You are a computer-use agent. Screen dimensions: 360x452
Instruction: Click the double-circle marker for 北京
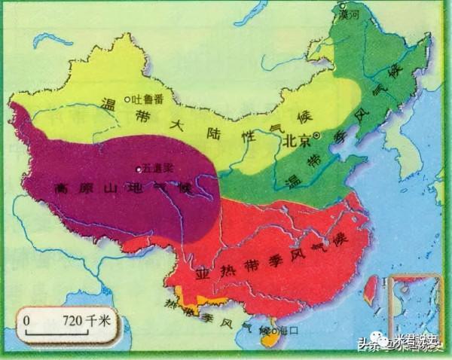(x=318, y=136)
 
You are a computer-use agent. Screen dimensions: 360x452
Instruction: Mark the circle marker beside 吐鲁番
(x=128, y=99)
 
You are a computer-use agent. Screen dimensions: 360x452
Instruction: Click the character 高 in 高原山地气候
(x=60, y=188)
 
